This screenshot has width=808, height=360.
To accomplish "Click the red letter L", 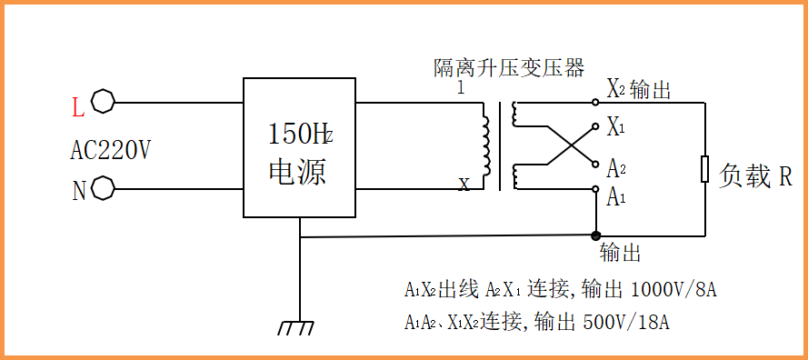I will pyautogui.click(x=78, y=108).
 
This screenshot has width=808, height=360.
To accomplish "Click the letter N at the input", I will pyautogui.click(x=78, y=191).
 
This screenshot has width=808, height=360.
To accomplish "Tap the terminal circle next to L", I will pyautogui.click(x=104, y=101).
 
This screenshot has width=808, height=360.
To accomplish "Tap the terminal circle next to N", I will pyautogui.click(x=104, y=189).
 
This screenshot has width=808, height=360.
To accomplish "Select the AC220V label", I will pyautogui.click(x=111, y=150).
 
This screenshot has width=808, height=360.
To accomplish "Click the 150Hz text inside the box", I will pyautogui.click(x=300, y=135).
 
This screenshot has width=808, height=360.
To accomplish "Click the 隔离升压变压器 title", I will pyautogui.click(x=508, y=67).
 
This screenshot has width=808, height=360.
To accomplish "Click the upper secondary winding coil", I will pyautogui.click(x=516, y=114).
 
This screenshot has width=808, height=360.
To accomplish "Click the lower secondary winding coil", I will pyautogui.click(x=516, y=176).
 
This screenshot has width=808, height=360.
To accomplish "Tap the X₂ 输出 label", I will pyautogui.click(x=639, y=89).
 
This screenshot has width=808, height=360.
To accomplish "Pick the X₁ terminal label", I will pyautogui.click(x=616, y=127).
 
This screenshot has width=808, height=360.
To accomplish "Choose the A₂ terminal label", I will pyautogui.click(x=616, y=167).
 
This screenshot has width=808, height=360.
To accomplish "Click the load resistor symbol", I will pyautogui.click(x=704, y=169).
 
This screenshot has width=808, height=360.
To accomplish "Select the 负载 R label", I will pyautogui.click(x=754, y=175).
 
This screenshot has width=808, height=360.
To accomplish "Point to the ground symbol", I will pyautogui.click(x=298, y=326).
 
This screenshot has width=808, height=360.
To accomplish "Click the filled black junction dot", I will pyautogui.click(x=595, y=235).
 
